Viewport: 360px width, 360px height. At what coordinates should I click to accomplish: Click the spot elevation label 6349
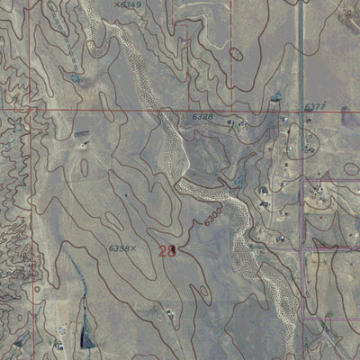[131, 4]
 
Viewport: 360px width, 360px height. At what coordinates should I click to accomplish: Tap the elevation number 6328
[202, 117]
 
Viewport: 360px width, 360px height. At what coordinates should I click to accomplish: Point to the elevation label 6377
[314, 106]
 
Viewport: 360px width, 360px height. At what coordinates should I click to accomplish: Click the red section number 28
[166, 251]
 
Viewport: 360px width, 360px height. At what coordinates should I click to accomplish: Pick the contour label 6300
[212, 216]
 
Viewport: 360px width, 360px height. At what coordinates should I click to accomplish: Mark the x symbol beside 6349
[117, 4]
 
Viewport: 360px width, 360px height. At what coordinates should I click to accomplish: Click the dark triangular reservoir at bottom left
[87, 337]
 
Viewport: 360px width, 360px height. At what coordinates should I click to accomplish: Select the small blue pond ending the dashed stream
[74, 79]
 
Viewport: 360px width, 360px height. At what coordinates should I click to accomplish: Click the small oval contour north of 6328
[236, 54]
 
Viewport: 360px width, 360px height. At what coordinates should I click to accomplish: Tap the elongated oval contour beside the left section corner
[85, 167]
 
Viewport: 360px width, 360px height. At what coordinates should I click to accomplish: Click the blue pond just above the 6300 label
[238, 181]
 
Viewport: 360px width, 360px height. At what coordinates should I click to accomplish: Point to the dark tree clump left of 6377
[275, 96]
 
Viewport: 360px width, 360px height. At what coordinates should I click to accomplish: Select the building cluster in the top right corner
[347, 13]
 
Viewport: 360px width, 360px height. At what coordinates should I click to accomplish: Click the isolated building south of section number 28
[168, 313]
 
